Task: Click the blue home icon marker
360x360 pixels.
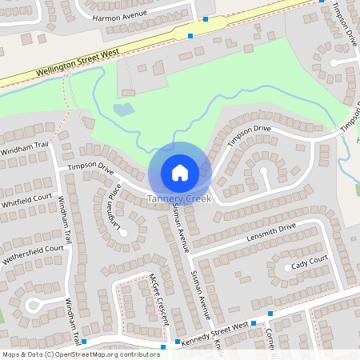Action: (x=180, y=172)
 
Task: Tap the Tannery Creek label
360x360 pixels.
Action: (x=180, y=198)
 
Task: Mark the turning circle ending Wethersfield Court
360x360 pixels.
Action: (x=34, y=303)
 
